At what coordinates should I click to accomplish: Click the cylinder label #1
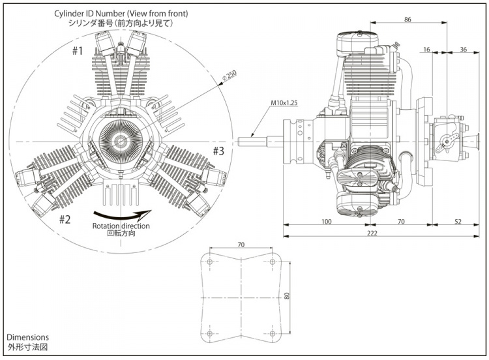(x=78, y=51)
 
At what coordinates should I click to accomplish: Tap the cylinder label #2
(x=65, y=218)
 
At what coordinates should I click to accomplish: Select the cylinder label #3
(x=218, y=151)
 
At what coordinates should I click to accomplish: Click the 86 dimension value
(x=407, y=20)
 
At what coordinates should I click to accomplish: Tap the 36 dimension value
(x=462, y=49)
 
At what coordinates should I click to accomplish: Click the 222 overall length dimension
(x=372, y=233)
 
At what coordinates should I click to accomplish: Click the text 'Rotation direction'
(x=121, y=226)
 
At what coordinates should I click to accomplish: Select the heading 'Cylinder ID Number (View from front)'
(x=121, y=12)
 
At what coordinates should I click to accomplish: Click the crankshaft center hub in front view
(x=121, y=141)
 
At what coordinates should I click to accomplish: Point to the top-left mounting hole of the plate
(x=209, y=262)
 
